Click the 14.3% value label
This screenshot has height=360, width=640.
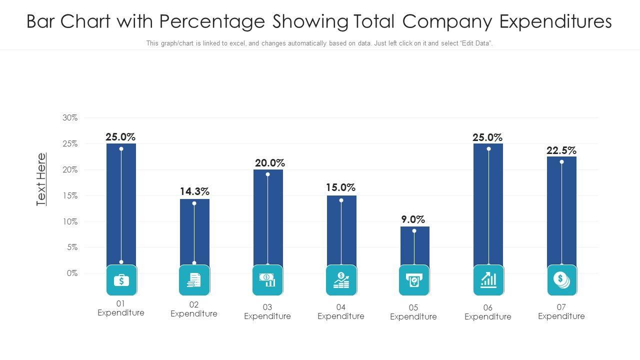click(194, 191)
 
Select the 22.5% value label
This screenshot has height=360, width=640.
click(561, 150)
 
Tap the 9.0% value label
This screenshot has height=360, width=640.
click(413, 219)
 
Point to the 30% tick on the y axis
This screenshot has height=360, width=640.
click(70, 117)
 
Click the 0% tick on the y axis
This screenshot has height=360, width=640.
click(72, 273)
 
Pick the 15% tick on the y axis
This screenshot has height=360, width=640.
click(70, 195)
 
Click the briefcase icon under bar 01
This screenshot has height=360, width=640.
click(121, 280)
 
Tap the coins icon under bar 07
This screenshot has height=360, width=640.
click(561, 280)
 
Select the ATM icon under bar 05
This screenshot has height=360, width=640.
click(414, 280)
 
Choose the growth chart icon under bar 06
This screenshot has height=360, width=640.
click(488, 280)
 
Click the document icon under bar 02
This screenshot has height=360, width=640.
click(194, 280)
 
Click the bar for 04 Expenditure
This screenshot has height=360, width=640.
click(341, 230)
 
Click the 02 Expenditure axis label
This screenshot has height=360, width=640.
click(194, 309)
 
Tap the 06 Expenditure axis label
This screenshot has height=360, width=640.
click(487, 312)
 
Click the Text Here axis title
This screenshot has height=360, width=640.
click(41, 179)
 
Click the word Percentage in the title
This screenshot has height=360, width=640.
click(217, 21)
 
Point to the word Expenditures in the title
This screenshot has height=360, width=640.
click(555, 21)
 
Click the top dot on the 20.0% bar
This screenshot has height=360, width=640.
click(268, 174)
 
